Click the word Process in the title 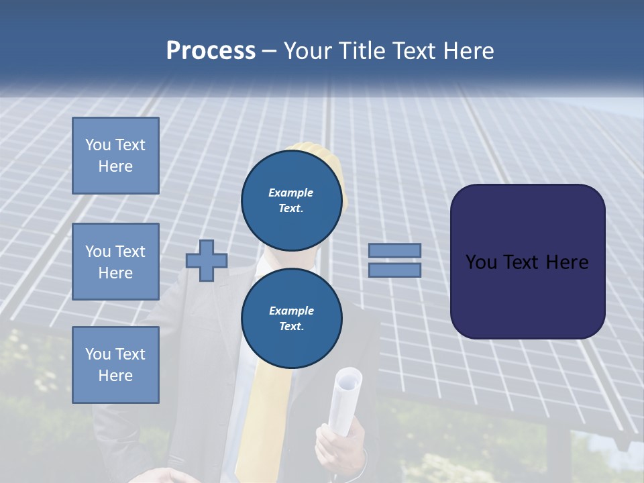[211, 51]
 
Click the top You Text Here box [115, 156]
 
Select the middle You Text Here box [115, 262]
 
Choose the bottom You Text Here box [115, 365]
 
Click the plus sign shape [207, 260]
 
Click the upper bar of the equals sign [394, 250]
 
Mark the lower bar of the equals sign [394, 270]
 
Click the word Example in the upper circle [291, 193]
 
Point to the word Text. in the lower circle [291, 327]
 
